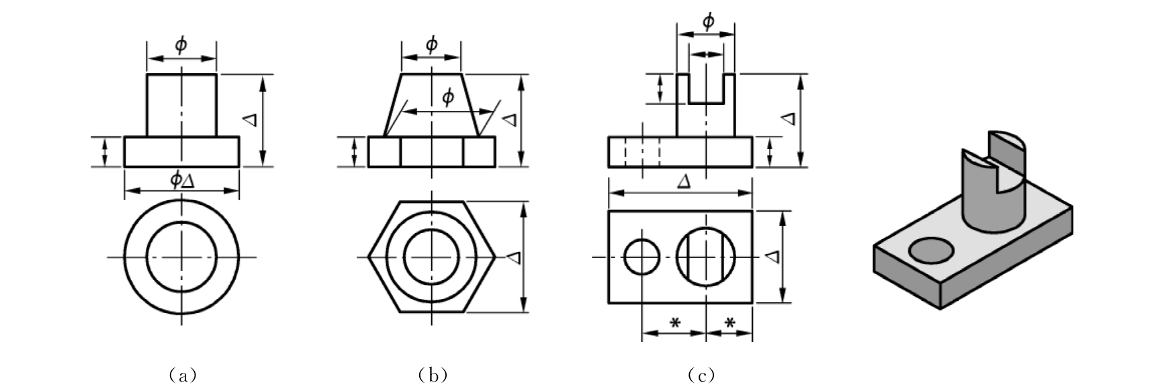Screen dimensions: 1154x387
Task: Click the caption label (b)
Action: (x=433, y=375)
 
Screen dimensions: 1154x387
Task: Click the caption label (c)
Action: (x=701, y=375)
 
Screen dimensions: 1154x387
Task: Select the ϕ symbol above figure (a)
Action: (x=181, y=46)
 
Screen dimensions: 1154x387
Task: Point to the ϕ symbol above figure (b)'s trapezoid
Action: (x=431, y=45)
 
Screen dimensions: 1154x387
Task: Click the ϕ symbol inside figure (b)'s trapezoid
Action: (x=448, y=97)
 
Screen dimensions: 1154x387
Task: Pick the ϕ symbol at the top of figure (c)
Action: (x=708, y=21)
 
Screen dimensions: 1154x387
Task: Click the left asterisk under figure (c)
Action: (x=675, y=323)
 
